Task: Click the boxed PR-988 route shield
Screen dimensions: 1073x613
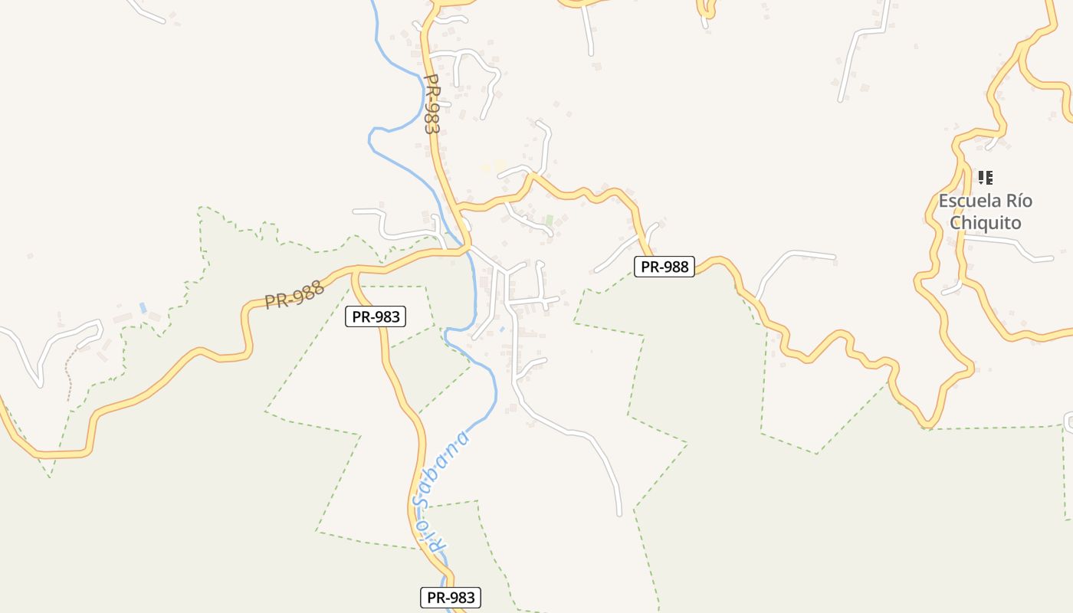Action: click(x=664, y=267)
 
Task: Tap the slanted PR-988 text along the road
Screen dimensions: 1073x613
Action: click(x=294, y=294)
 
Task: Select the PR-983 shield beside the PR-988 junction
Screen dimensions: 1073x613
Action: click(x=375, y=316)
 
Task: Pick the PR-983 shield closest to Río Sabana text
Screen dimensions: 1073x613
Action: click(x=451, y=598)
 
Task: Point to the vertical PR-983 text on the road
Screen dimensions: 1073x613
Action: click(x=432, y=103)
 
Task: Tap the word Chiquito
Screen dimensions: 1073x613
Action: click(x=986, y=223)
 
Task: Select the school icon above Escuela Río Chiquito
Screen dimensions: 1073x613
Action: click(x=986, y=178)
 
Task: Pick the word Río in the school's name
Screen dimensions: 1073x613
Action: click(x=1019, y=202)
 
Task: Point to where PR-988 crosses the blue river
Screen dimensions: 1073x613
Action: click(x=467, y=250)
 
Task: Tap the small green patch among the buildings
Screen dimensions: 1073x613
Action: click(x=549, y=220)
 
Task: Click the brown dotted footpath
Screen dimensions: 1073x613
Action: click(x=68, y=375)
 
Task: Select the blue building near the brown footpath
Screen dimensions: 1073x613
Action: click(x=143, y=307)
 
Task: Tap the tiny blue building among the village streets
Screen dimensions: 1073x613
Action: click(x=502, y=329)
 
